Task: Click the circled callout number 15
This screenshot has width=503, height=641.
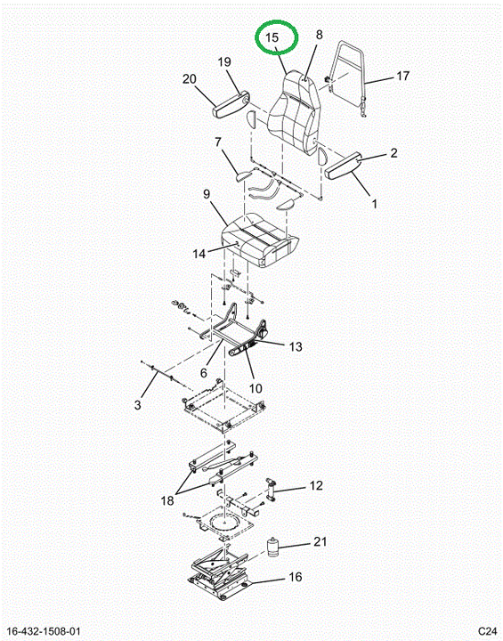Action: tap(272, 37)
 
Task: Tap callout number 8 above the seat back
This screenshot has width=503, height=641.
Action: tap(319, 35)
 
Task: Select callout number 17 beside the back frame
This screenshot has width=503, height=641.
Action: tap(402, 76)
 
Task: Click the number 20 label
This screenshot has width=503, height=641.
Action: tap(190, 78)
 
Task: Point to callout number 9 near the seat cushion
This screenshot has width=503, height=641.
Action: tap(207, 194)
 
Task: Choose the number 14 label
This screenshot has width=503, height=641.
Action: tap(199, 254)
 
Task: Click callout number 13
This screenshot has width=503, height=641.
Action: tap(296, 346)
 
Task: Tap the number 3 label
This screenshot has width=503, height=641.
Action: tap(137, 405)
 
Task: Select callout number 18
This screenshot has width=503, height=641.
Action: tap(167, 500)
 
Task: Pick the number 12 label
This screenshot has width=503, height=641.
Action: tap(316, 485)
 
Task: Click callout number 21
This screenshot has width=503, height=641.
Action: tap(320, 541)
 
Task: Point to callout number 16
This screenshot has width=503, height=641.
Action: tap(296, 577)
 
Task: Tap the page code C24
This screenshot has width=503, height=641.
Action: tap(488, 631)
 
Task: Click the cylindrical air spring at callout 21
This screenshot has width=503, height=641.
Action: tap(272, 547)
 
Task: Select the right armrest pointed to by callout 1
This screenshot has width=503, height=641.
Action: tap(343, 166)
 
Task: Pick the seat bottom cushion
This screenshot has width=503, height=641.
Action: tap(260, 240)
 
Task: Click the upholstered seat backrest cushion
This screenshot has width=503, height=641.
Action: tap(293, 111)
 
